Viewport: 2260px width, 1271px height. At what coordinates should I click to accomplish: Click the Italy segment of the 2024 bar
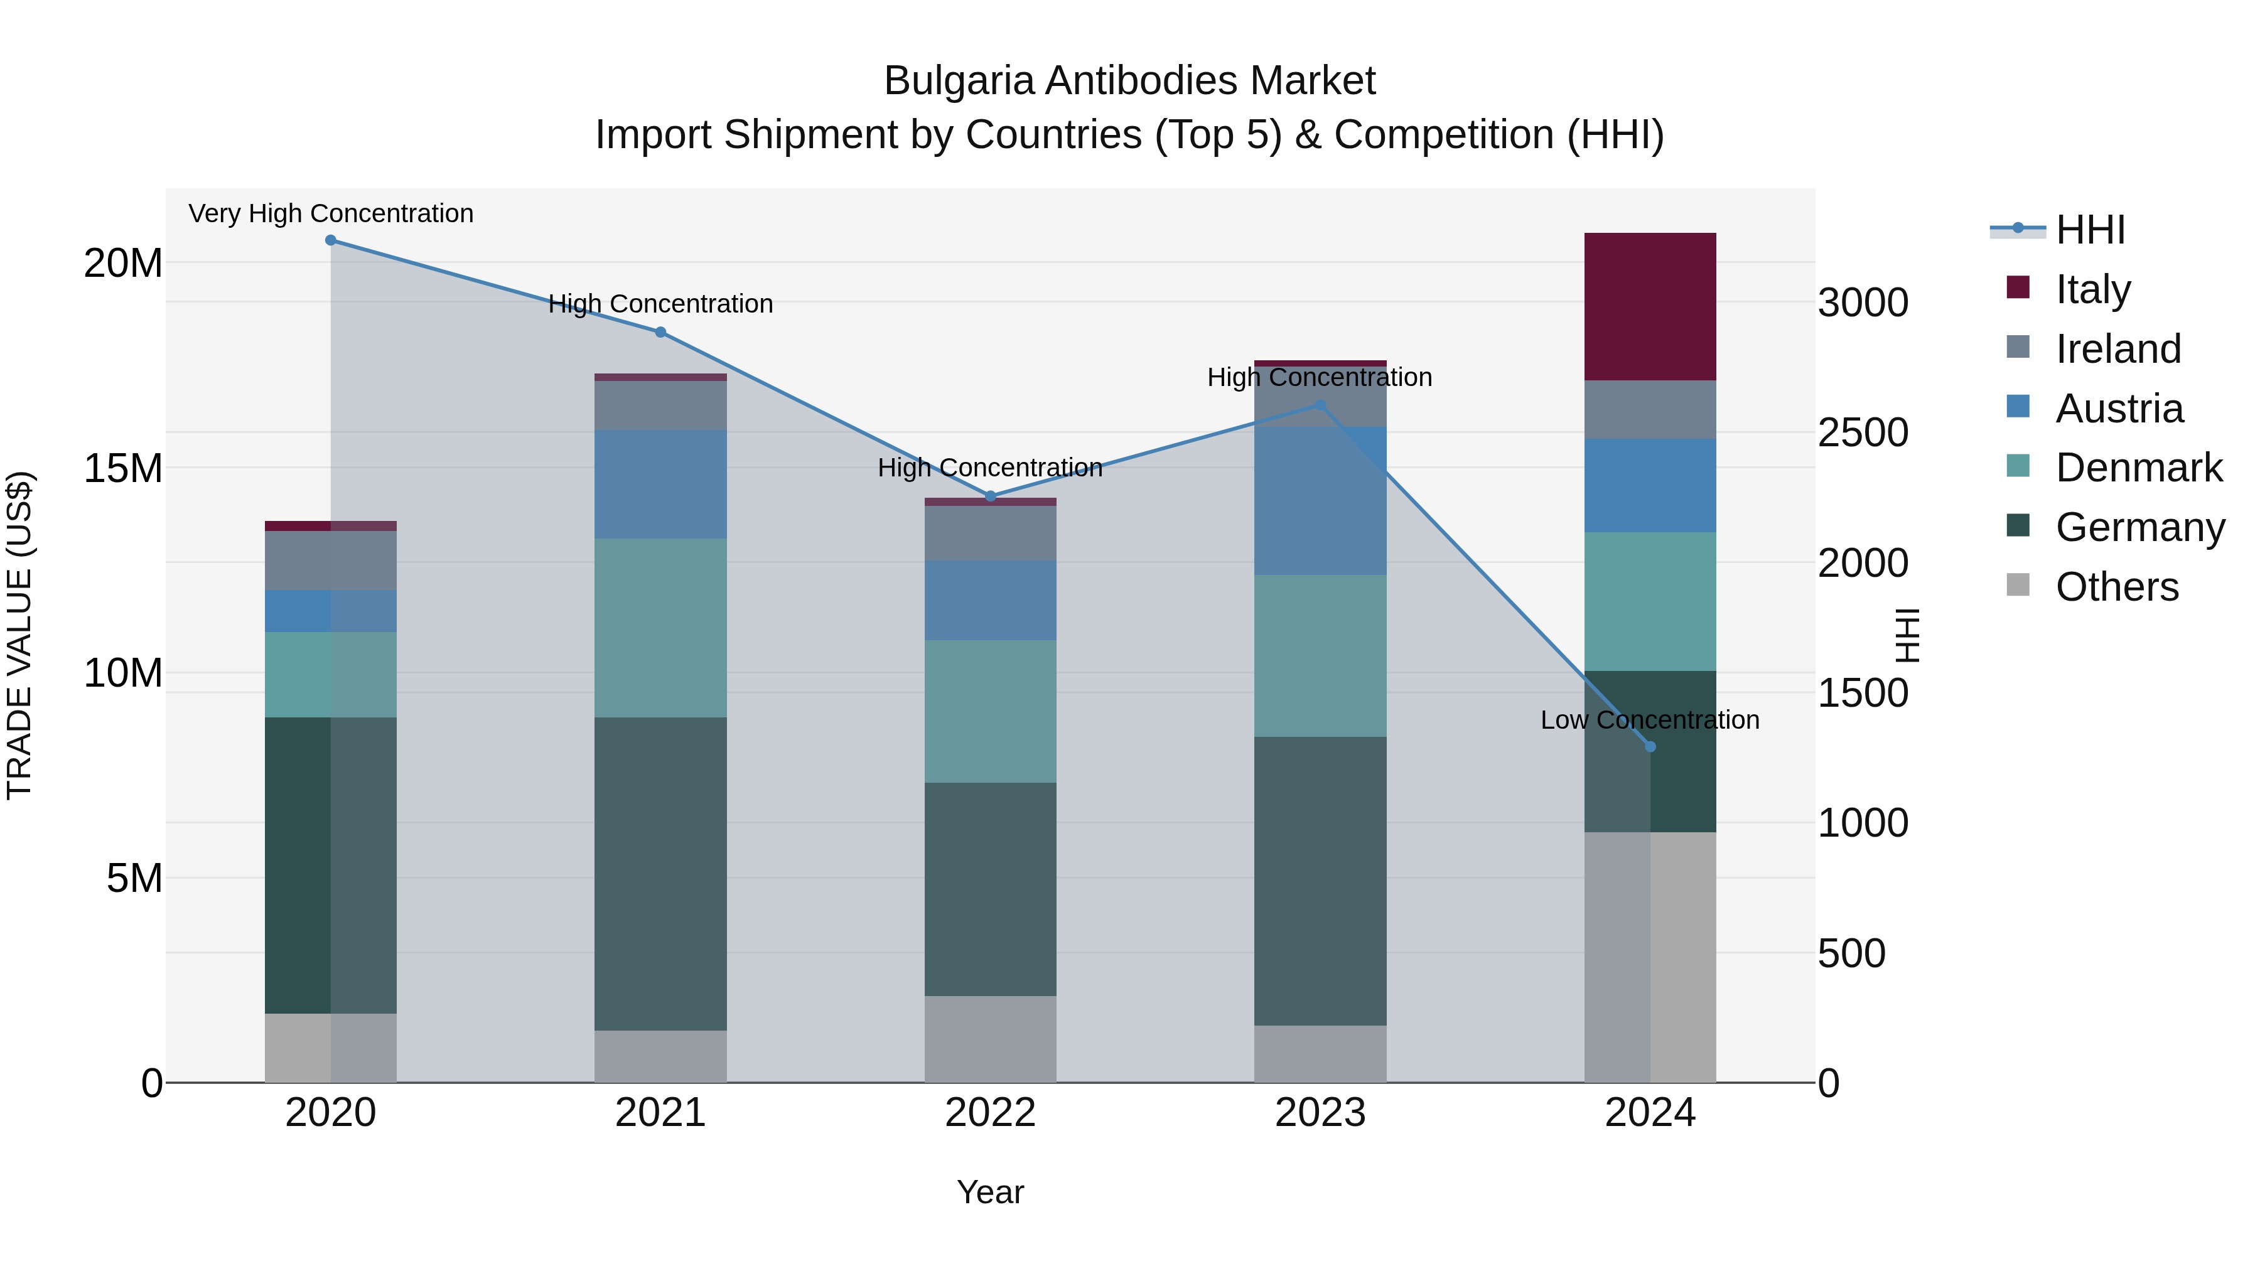point(1649,306)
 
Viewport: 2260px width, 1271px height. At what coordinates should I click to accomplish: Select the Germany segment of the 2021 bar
point(660,874)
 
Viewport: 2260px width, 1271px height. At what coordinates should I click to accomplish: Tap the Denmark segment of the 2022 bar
point(991,711)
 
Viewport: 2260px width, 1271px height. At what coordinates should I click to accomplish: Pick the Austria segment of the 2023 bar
point(1320,501)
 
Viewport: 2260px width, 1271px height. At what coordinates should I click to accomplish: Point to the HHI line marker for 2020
point(331,240)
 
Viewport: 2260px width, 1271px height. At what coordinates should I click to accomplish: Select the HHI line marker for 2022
point(991,496)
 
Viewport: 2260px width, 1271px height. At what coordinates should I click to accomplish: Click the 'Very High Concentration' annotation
point(331,214)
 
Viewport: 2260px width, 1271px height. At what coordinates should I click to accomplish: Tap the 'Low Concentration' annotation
point(1649,720)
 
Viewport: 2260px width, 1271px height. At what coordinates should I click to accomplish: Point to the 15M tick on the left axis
point(123,468)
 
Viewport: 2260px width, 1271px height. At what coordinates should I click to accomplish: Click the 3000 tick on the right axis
point(1863,303)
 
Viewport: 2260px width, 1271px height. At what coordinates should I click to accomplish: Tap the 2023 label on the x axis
point(1320,1113)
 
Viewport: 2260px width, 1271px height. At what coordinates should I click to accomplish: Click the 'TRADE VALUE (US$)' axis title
point(19,635)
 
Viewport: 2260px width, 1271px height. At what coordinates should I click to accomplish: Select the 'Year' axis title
point(991,1192)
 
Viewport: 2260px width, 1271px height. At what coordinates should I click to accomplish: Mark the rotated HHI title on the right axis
point(1907,635)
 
